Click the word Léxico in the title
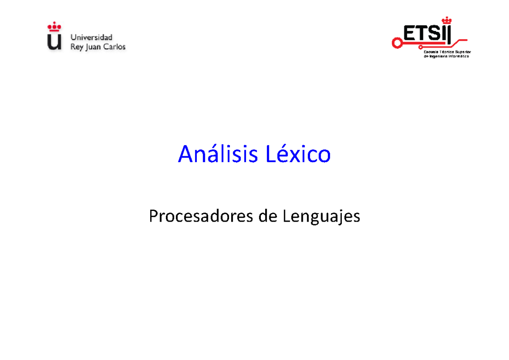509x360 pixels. pos(298,155)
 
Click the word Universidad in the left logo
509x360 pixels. pos(92,37)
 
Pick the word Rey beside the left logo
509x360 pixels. pos(77,47)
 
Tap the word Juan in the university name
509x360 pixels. pos(95,47)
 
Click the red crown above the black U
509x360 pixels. pos(54,28)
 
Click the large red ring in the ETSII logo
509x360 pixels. pos(397,42)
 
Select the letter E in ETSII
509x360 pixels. pos(410,34)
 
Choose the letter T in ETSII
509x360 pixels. pos(422,34)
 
